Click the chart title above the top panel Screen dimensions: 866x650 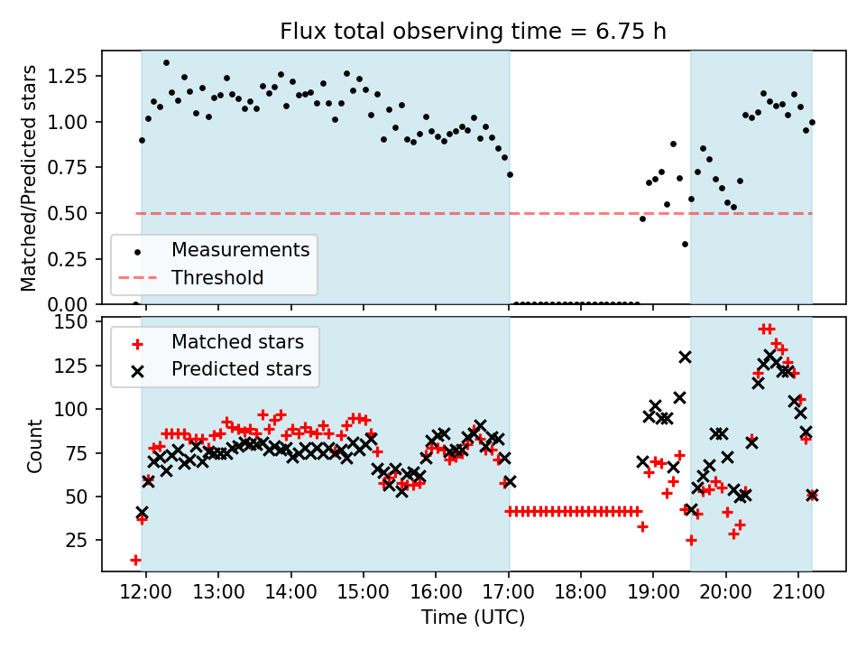coord(474,31)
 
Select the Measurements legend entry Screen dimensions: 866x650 coord(214,250)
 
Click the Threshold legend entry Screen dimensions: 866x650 coord(190,277)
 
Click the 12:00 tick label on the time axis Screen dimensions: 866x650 coord(146,591)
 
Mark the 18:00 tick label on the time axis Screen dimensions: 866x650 coord(580,591)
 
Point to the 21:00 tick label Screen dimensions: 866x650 coord(798,591)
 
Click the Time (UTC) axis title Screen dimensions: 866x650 coord(474,617)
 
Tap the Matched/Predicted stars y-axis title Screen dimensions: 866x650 coord(29,178)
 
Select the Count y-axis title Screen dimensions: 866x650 coord(34,446)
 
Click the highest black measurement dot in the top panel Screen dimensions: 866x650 coord(166,63)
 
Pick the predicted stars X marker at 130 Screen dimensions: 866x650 coord(685,357)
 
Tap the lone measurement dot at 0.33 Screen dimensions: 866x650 coord(685,245)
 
